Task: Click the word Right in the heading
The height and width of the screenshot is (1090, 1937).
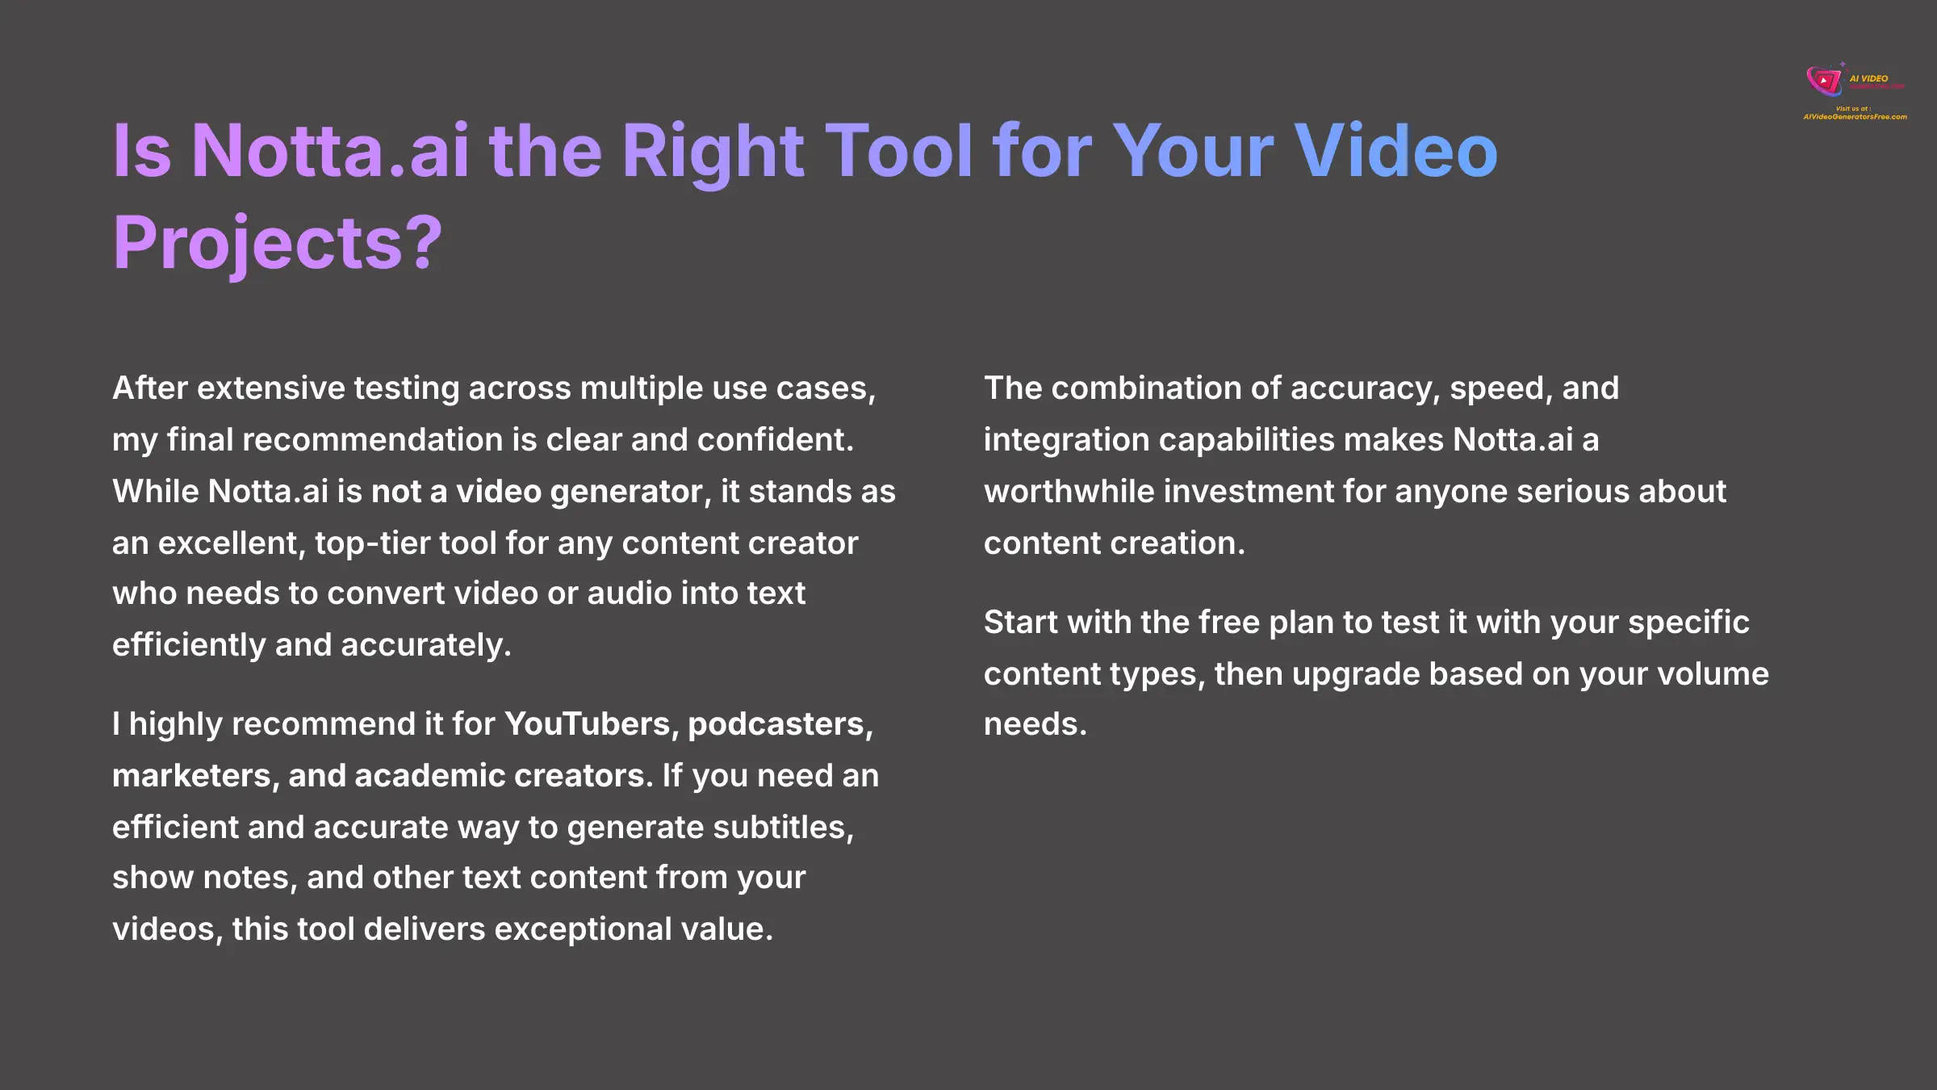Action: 713,152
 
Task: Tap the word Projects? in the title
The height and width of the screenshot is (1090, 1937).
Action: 278,243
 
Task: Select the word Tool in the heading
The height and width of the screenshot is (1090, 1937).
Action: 899,152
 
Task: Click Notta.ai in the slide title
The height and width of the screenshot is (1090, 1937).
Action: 330,152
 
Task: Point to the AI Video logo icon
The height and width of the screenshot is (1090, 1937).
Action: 1823,81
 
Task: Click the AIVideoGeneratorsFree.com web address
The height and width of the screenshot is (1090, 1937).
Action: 1855,117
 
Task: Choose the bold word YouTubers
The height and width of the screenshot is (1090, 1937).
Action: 588,724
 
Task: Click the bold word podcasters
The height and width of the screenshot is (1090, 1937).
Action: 780,724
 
